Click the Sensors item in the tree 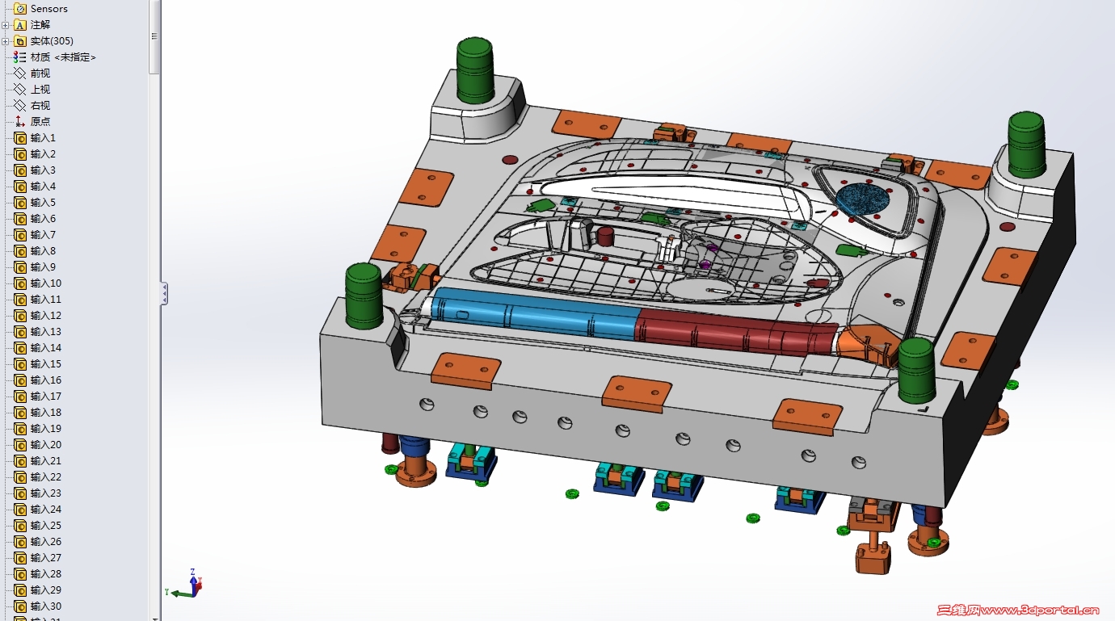[x=48, y=8]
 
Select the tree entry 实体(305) [x=51, y=41]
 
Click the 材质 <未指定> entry [x=63, y=57]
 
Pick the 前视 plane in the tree [x=40, y=73]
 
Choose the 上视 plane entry [x=40, y=90]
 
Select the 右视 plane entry [x=40, y=106]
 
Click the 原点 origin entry [x=40, y=121]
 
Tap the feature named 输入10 [x=45, y=283]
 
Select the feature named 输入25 [x=45, y=526]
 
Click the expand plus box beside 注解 [x=6, y=25]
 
